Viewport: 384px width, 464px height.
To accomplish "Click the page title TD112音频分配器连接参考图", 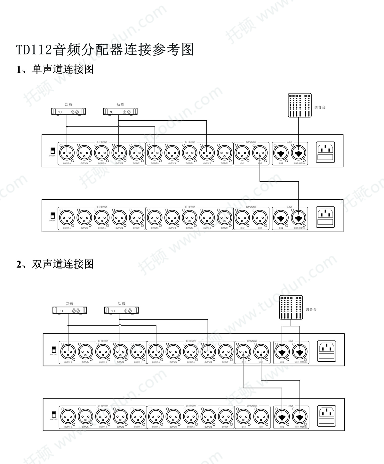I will [x=105, y=50].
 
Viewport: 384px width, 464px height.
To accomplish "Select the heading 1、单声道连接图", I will [x=55, y=69].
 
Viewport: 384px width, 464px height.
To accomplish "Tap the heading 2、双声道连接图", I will [x=55, y=264].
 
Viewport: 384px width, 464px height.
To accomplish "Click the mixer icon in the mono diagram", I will [x=300, y=105].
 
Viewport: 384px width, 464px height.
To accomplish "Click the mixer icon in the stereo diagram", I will [x=291, y=308].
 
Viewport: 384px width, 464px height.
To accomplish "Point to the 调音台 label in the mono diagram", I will [x=320, y=108].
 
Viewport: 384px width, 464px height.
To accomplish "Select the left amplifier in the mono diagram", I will [x=68, y=111].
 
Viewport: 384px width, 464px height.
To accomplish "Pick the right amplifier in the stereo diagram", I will [x=121, y=310].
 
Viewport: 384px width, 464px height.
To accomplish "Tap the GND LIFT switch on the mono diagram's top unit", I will [x=53, y=150].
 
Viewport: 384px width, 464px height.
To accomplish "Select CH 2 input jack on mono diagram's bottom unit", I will [x=281, y=218].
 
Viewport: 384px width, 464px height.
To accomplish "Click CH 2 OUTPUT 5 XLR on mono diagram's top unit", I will [x=67, y=153].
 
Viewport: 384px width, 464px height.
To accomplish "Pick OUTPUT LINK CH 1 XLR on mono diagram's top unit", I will [x=260, y=153].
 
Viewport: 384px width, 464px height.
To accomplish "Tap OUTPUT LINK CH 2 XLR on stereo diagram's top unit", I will [x=244, y=352].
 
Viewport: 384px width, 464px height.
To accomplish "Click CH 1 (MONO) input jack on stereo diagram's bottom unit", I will [x=300, y=417].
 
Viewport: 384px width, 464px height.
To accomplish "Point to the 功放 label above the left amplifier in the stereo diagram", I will [x=69, y=303].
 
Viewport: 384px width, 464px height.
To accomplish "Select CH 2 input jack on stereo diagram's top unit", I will [x=282, y=352].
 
